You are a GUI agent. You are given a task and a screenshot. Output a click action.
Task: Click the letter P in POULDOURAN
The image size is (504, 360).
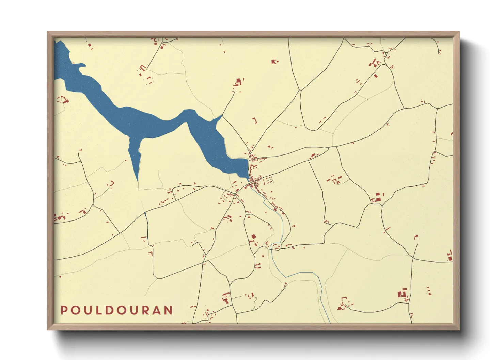(64, 310)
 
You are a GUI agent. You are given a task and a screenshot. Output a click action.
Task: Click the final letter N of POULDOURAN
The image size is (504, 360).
(168, 310)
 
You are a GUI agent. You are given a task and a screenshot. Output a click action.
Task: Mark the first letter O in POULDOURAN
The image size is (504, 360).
(75, 310)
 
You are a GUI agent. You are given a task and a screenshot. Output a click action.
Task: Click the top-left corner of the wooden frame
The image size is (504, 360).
(48, 32)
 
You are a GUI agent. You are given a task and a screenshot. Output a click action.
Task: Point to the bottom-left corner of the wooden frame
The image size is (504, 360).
(48, 329)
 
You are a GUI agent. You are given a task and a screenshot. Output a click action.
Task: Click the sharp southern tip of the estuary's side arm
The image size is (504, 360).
(137, 181)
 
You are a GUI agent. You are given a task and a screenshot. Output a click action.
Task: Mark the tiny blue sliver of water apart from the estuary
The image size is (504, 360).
(145, 214)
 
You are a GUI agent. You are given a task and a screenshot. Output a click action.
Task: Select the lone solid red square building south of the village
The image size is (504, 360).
(253, 236)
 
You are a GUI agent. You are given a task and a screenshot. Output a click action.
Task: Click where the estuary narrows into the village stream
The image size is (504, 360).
(250, 178)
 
